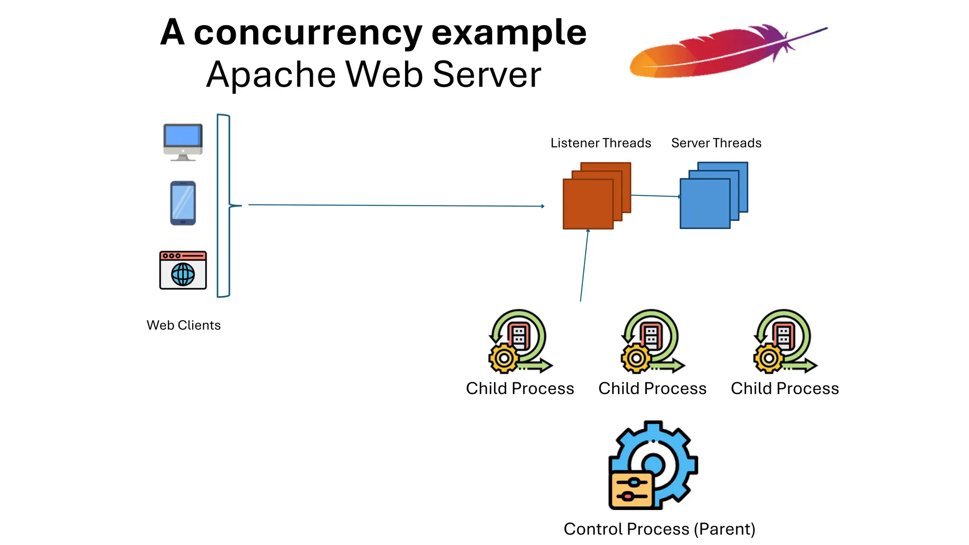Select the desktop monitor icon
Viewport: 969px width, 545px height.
[x=183, y=141]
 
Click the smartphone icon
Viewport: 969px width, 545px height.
[x=183, y=203]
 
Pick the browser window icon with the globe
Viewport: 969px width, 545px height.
[x=183, y=270]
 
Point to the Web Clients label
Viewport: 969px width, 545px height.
[x=184, y=325]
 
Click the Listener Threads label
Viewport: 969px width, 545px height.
[x=600, y=143]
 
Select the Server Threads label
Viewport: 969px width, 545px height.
[x=716, y=143]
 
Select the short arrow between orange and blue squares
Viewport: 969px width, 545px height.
[x=655, y=196]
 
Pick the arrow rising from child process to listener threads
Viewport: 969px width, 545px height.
[x=584, y=265]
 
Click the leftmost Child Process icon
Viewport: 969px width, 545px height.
[x=520, y=341]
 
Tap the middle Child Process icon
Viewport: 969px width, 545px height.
[x=652, y=341]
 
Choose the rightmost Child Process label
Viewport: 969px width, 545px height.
[x=784, y=389]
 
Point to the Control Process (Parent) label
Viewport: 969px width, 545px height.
[x=659, y=529]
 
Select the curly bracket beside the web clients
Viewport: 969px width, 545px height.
[x=224, y=205]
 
